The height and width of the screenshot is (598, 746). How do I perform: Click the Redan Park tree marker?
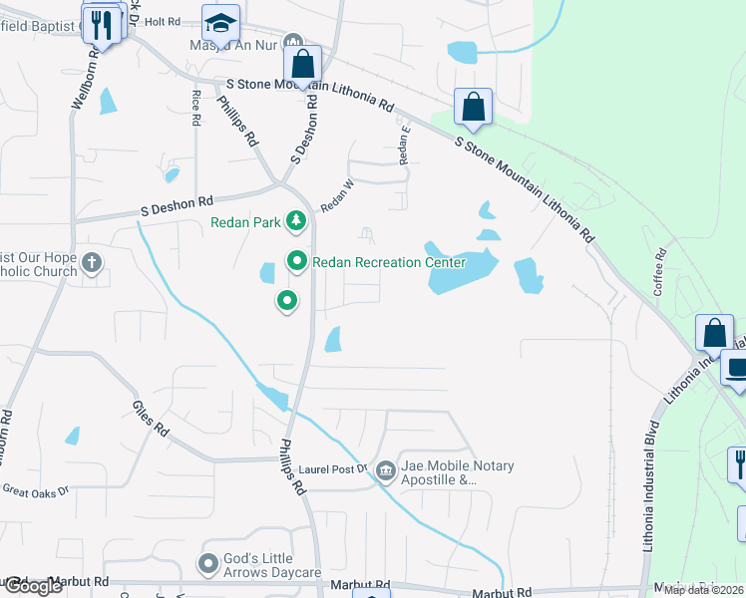[295, 220]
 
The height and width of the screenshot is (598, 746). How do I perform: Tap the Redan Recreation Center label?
[389, 263]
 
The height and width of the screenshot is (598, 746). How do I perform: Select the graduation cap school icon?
[220, 21]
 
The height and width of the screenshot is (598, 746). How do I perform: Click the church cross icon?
[91, 264]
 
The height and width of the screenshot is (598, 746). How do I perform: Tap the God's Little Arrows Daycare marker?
[208, 565]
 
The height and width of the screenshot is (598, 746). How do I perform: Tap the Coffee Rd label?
[659, 268]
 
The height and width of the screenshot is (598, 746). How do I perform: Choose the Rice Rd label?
[195, 108]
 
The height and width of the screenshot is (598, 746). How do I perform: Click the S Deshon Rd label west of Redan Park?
[178, 206]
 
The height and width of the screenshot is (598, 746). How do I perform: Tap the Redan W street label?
[337, 195]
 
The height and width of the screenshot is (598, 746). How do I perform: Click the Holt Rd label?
[161, 20]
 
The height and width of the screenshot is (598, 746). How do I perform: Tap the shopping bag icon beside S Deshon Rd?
[302, 65]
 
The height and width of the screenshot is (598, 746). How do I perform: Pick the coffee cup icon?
[736, 369]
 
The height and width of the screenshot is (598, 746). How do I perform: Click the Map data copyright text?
[703, 589]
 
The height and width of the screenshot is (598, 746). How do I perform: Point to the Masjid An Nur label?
[233, 45]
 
